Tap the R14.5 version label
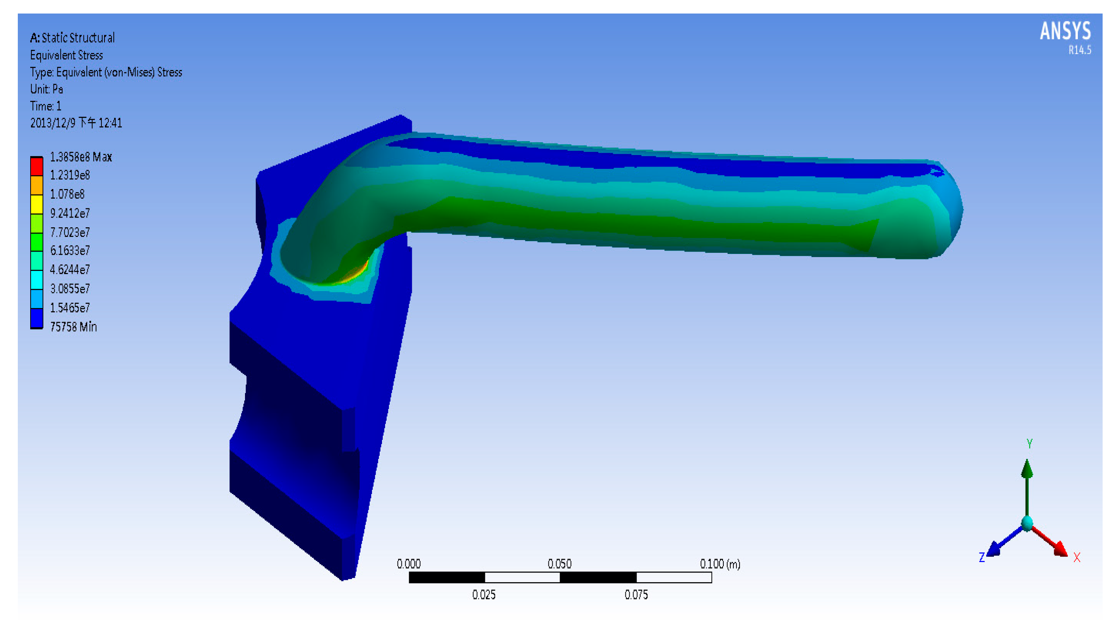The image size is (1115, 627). (x=1079, y=50)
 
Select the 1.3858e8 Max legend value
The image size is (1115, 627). (x=81, y=157)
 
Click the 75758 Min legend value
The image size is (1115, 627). (x=73, y=327)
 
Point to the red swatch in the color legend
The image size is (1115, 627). (x=36, y=166)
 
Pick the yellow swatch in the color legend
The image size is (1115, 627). (x=36, y=204)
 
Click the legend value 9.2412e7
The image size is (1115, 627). (x=70, y=213)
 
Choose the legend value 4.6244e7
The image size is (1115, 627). (x=70, y=269)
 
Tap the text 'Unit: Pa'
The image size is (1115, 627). (x=46, y=89)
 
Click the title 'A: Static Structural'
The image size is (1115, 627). (x=72, y=37)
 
